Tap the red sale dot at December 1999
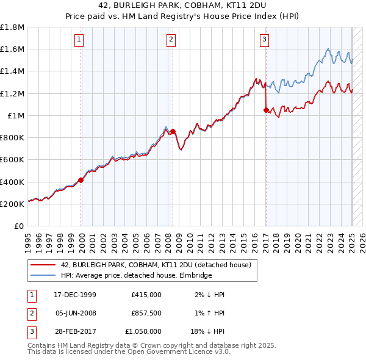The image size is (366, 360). tap(81, 180)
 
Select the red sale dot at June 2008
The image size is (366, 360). tap(173, 131)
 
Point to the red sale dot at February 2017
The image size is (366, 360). tap(266, 110)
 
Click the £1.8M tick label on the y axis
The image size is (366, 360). tap(13, 27)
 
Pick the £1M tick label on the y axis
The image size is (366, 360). tap(15, 115)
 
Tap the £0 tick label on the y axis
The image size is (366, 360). tap(20, 226)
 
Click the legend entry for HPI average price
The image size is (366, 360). tap(135, 275)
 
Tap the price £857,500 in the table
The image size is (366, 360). tap(146, 313)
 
